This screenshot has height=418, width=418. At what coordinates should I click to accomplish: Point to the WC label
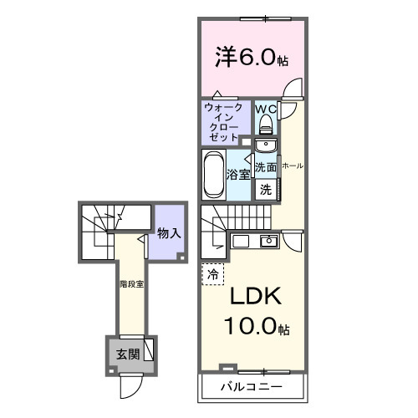coord(266,109)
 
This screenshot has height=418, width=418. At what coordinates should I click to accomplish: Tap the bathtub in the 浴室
coord(213,174)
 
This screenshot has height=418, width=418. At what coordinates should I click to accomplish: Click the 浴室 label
coord(239,175)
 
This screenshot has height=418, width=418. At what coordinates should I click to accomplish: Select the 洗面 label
coord(266,167)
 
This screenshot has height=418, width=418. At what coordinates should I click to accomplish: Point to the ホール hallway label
coord(293,166)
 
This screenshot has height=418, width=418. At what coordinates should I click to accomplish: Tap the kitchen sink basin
coord(269,242)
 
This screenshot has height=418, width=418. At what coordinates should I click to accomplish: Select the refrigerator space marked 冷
coord(212,273)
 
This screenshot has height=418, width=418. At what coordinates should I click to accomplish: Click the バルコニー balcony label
coord(251,387)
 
